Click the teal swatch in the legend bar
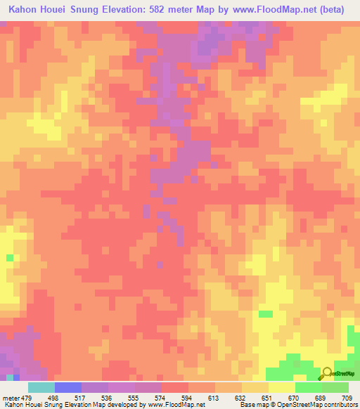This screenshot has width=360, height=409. [41, 387]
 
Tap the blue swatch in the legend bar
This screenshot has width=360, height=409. [67, 387]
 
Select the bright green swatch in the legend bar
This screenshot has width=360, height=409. [308, 387]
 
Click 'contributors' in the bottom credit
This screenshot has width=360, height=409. [340, 405]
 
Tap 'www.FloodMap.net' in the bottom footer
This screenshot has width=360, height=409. [176, 405]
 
